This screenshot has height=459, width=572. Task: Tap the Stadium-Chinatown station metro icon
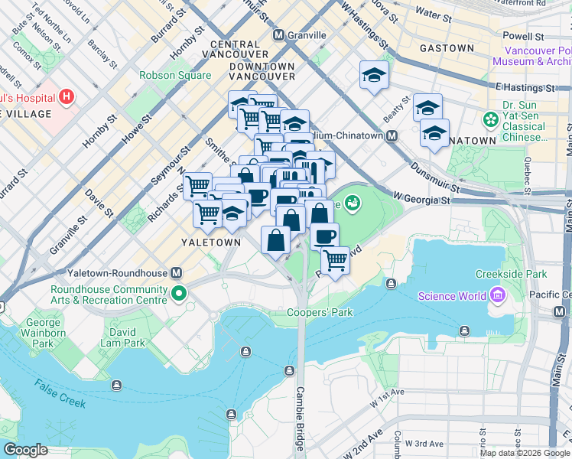(x=392, y=135)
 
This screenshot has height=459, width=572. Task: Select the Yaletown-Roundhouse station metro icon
(x=177, y=273)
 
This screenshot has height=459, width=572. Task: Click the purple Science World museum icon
(x=498, y=295)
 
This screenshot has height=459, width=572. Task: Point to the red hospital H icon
(x=67, y=97)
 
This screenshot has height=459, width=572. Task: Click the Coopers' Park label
(x=320, y=312)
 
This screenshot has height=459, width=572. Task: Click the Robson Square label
(x=175, y=75)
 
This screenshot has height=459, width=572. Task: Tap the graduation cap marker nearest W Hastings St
(x=374, y=75)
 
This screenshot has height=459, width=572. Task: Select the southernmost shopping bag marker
(x=275, y=239)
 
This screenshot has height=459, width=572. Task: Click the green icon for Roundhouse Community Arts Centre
(x=179, y=294)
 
